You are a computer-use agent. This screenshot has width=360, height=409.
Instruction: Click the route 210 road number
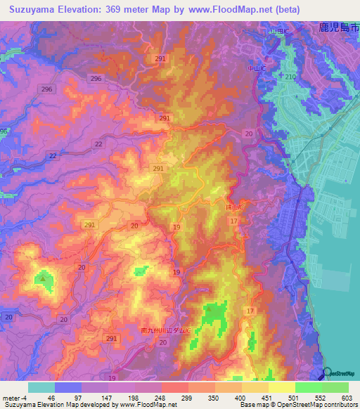pyautogui.click(x=290, y=76)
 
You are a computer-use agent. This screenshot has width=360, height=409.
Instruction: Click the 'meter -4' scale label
pyautogui.click(x=15, y=397)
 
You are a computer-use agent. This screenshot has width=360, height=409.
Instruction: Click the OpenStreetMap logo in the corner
pyautogui.click(x=340, y=374)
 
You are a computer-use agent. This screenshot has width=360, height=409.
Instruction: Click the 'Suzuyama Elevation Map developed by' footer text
pyautogui.click(x=53, y=405)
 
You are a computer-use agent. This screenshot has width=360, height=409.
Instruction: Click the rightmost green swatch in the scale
pyautogui.click(x=335, y=387)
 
